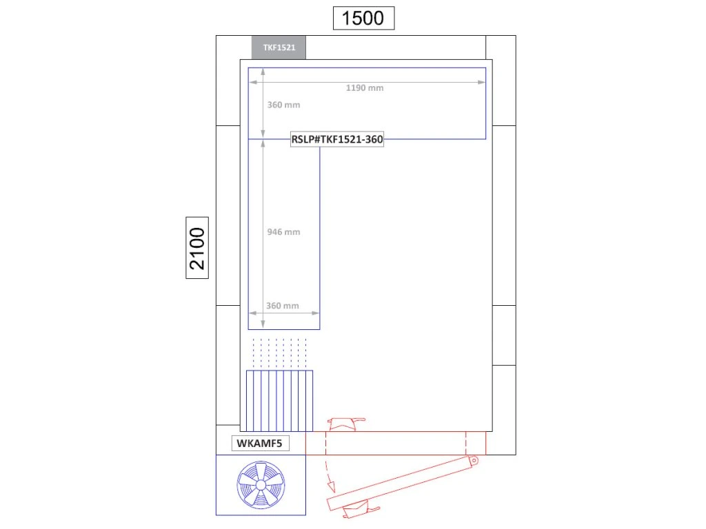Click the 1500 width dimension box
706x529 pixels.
(x=363, y=18)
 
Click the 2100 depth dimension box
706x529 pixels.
(x=197, y=248)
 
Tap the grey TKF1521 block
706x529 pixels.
(x=279, y=48)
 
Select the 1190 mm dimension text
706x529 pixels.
(x=365, y=88)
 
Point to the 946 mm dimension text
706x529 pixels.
(x=283, y=232)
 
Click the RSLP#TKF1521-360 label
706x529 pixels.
(x=337, y=139)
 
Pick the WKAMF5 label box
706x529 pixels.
(x=260, y=443)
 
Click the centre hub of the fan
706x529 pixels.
(x=261, y=485)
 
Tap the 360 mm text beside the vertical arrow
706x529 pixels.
(x=283, y=105)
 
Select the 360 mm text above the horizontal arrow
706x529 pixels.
(x=283, y=306)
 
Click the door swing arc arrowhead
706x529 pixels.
(x=332, y=486)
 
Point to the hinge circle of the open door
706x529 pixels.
(x=474, y=461)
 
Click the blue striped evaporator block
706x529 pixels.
(x=280, y=401)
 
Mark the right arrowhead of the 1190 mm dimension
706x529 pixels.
(x=482, y=83)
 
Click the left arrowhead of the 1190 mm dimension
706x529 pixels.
(x=253, y=83)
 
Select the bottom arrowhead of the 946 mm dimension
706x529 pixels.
(x=263, y=324)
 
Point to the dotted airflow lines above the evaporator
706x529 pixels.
(x=280, y=353)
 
